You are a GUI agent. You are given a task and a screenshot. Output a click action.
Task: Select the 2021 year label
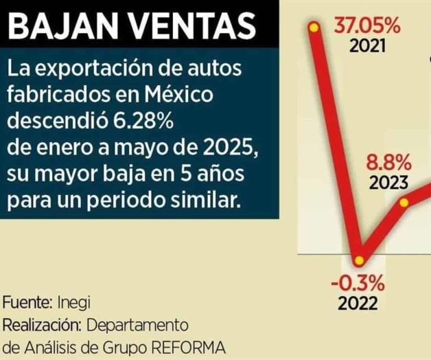point(367,47)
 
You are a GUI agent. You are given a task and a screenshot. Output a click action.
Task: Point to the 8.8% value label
point(389,164)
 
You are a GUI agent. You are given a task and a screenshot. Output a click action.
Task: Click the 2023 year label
point(389,183)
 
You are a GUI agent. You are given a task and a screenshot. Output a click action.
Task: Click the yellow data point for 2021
point(314,27)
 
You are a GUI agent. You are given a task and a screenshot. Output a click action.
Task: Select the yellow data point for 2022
point(359,261)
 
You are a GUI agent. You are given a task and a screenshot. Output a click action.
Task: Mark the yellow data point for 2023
point(405,203)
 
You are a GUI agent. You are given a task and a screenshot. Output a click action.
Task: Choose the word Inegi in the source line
point(73,302)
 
